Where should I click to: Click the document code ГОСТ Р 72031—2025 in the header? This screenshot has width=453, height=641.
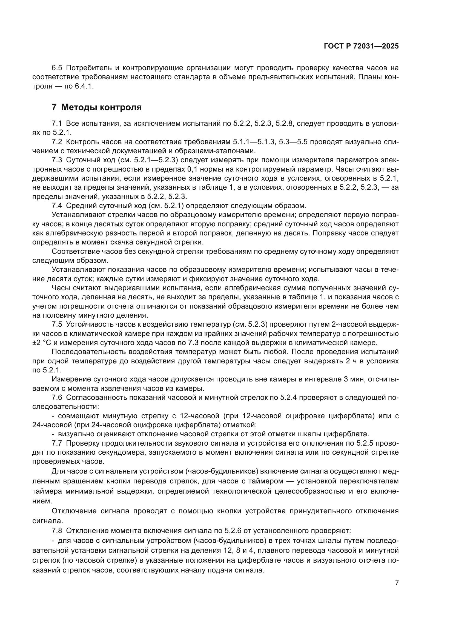361,46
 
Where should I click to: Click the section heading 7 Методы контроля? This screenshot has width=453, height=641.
96,107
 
